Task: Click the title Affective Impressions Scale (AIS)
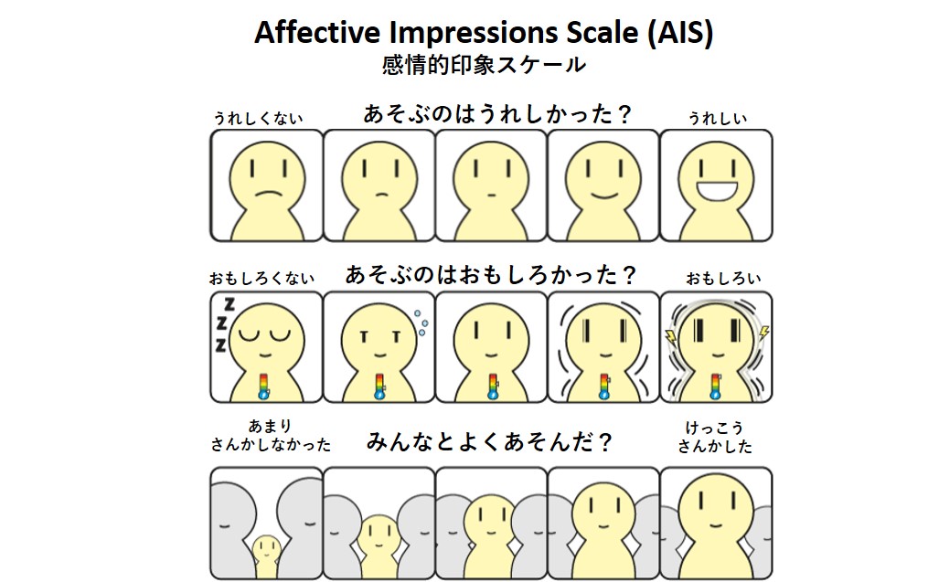[484, 33]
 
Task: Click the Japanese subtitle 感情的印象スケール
[484, 65]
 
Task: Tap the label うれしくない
[258, 118]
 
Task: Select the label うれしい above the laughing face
[717, 118]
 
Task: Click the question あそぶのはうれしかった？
[497, 113]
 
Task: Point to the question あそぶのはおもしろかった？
[491, 275]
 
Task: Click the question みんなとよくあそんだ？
[489, 441]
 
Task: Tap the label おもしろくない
[261, 278]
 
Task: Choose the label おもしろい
[723, 278]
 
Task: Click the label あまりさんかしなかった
[271, 435]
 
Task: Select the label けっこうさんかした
[714, 437]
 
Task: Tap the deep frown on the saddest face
[268, 194]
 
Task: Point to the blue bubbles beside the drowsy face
[421, 323]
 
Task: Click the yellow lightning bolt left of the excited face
[670, 336]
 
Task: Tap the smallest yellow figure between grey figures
[266, 556]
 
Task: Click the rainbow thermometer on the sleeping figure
[264, 386]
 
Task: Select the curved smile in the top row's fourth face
[603, 196]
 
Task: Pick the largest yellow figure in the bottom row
[715, 524]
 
